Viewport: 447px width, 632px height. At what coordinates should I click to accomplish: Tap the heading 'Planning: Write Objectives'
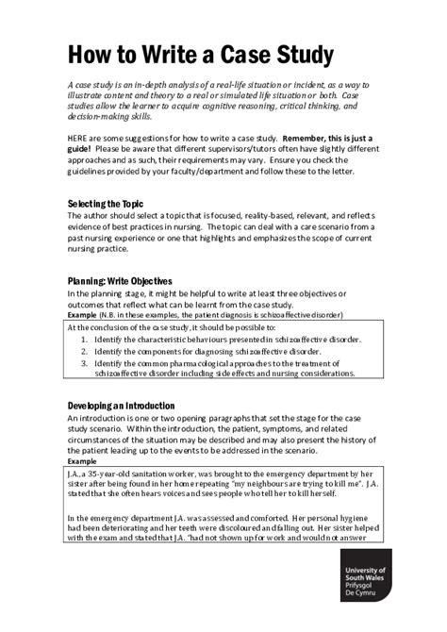click(x=120, y=281)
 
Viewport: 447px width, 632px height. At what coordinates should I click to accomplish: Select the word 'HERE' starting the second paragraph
click(x=80, y=137)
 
